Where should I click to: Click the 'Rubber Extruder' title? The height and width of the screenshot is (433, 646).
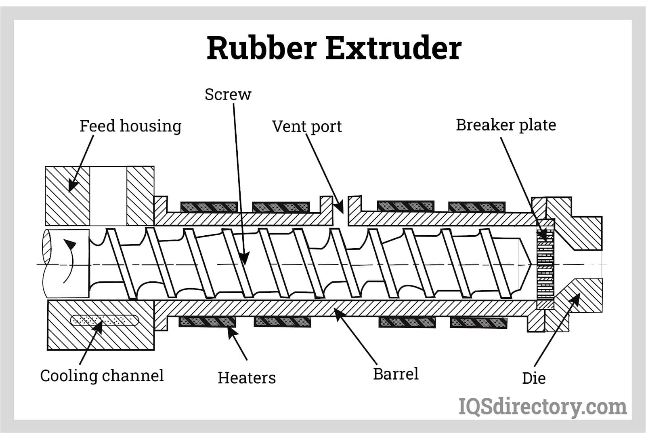tap(334, 48)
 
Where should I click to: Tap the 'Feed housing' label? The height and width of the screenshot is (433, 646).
tap(130, 126)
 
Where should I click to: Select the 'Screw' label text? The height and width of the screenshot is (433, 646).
tap(228, 95)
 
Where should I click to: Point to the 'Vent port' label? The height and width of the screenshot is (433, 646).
tap(306, 127)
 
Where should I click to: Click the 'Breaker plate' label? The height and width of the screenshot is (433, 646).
tap(505, 125)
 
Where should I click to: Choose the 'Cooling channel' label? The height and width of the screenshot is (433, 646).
tap(102, 376)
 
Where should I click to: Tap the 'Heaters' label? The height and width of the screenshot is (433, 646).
tap(247, 378)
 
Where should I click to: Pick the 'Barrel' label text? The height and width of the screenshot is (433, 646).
tap(396, 374)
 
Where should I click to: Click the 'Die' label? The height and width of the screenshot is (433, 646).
tap(533, 378)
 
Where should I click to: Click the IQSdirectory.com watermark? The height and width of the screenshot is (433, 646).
tap(543, 406)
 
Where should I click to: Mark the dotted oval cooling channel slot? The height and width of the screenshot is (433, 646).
tap(105, 321)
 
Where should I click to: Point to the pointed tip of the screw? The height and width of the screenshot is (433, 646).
tap(529, 264)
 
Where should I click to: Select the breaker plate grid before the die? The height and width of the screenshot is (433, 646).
tap(545, 265)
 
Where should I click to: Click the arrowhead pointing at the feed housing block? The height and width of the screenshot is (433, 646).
tap(72, 186)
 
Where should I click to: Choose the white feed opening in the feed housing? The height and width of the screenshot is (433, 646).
tap(108, 196)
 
